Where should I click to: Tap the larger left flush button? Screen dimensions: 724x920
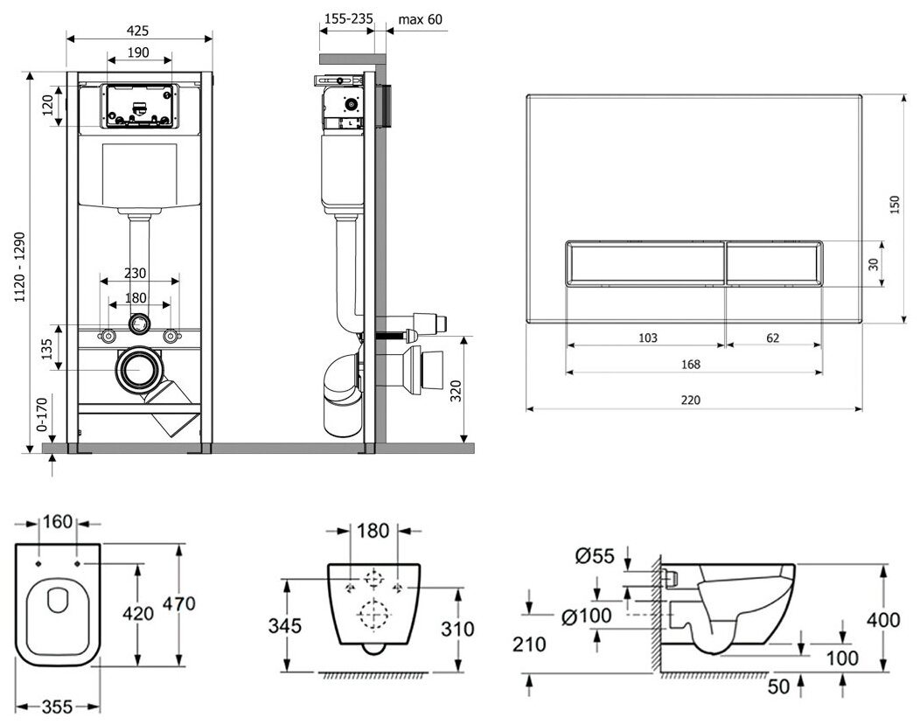coord(645,261)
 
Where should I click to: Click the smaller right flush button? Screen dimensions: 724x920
coord(773,261)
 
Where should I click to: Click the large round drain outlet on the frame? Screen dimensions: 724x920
coord(137,371)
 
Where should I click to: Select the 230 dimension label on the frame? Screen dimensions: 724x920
coord(136,273)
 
